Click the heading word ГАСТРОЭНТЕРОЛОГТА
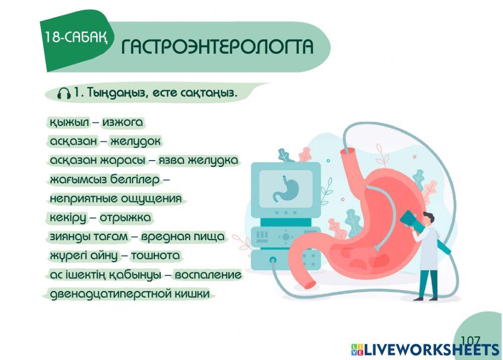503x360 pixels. click(x=217, y=47)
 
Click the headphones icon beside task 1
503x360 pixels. click(x=64, y=93)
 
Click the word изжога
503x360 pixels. click(x=123, y=122)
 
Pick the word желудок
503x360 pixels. click(x=135, y=142)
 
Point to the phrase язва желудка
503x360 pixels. click(x=198, y=161)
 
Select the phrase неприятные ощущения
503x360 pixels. click(x=115, y=198)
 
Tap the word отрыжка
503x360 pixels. click(x=125, y=218)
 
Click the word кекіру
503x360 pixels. click(x=67, y=218)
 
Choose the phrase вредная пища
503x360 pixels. click(x=183, y=237)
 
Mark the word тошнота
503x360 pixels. click(x=155, y=256)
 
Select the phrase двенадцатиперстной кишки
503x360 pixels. click(x=129, y=294)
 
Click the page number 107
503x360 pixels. click(x=470, y=341)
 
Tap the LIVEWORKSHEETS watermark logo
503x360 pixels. click(x=425, y=350)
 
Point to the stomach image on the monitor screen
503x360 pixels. click(x=286, y=187)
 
